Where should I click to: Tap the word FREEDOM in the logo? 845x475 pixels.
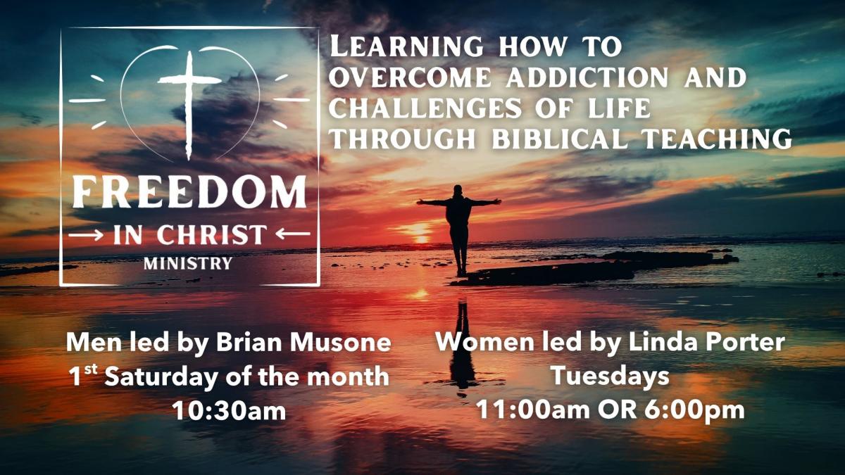(x=189, y=192)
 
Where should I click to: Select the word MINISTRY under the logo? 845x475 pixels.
(x=188, y=263)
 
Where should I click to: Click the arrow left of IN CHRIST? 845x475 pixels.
(x=86, y=235)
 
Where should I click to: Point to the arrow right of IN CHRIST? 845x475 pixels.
(x=293, y=234)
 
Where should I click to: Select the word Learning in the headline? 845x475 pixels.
(x=406, y=46)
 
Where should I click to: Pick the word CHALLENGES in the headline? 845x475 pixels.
(x=425, y=108)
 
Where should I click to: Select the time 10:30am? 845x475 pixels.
(x=230, y=410)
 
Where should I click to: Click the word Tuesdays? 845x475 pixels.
(x=610, y=376)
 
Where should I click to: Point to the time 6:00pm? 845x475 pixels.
(x=694, y=410)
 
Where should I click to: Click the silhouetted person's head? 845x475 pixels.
(x=458, y=190)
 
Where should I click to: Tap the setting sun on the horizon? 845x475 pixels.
(x=421, y=238)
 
